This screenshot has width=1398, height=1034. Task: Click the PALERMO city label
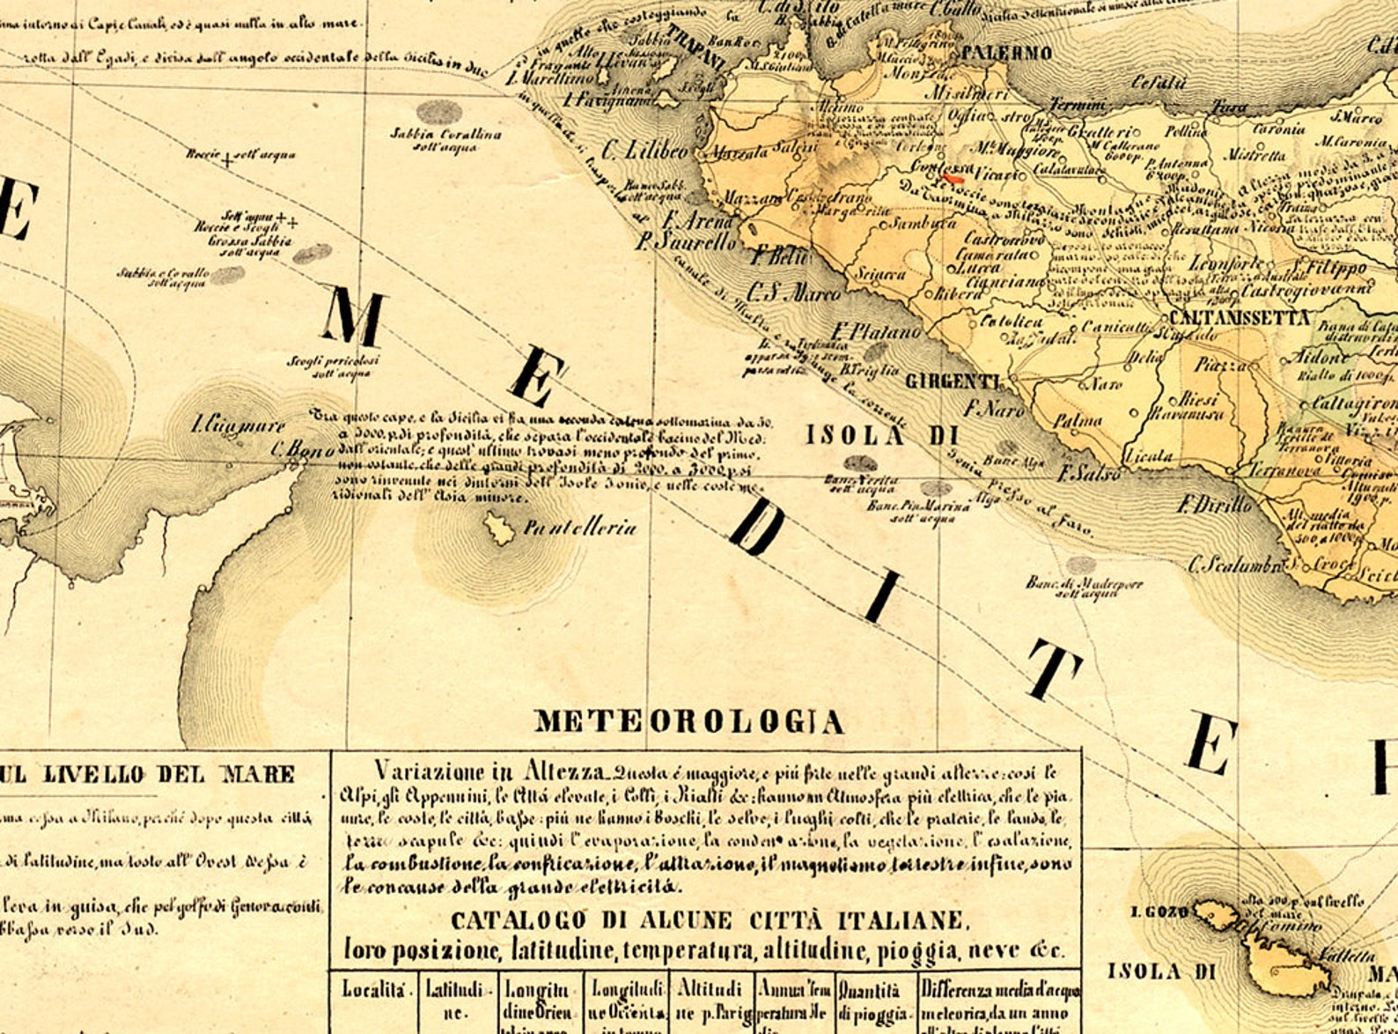(1006, 53)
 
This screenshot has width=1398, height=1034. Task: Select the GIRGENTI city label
(953, 381)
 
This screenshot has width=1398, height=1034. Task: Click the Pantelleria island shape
(499, 529)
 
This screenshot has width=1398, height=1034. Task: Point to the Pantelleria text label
(579, 528)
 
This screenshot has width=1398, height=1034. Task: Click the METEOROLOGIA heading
(689, 722)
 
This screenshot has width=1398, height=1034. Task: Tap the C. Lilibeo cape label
(645, 151)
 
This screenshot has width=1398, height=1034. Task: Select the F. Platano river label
(876, 333)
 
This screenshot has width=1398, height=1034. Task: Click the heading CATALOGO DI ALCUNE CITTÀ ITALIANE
(710, 921)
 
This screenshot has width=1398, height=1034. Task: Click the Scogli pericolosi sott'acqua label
(333, 366)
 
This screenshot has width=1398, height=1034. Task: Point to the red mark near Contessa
(953, 178)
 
